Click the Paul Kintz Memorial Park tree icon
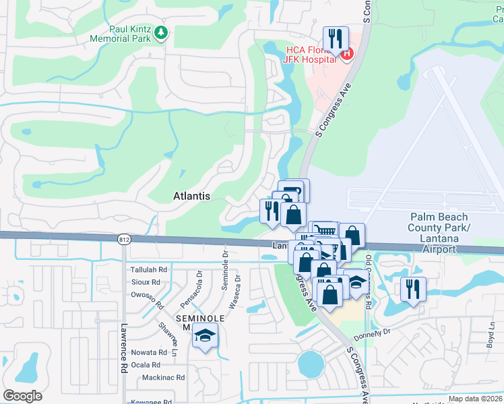(161, 32)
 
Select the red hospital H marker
(346, 54)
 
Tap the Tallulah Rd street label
(148, 269)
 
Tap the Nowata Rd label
(149, 352)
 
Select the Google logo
(22, 396)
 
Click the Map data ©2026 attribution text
(476, 399)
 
